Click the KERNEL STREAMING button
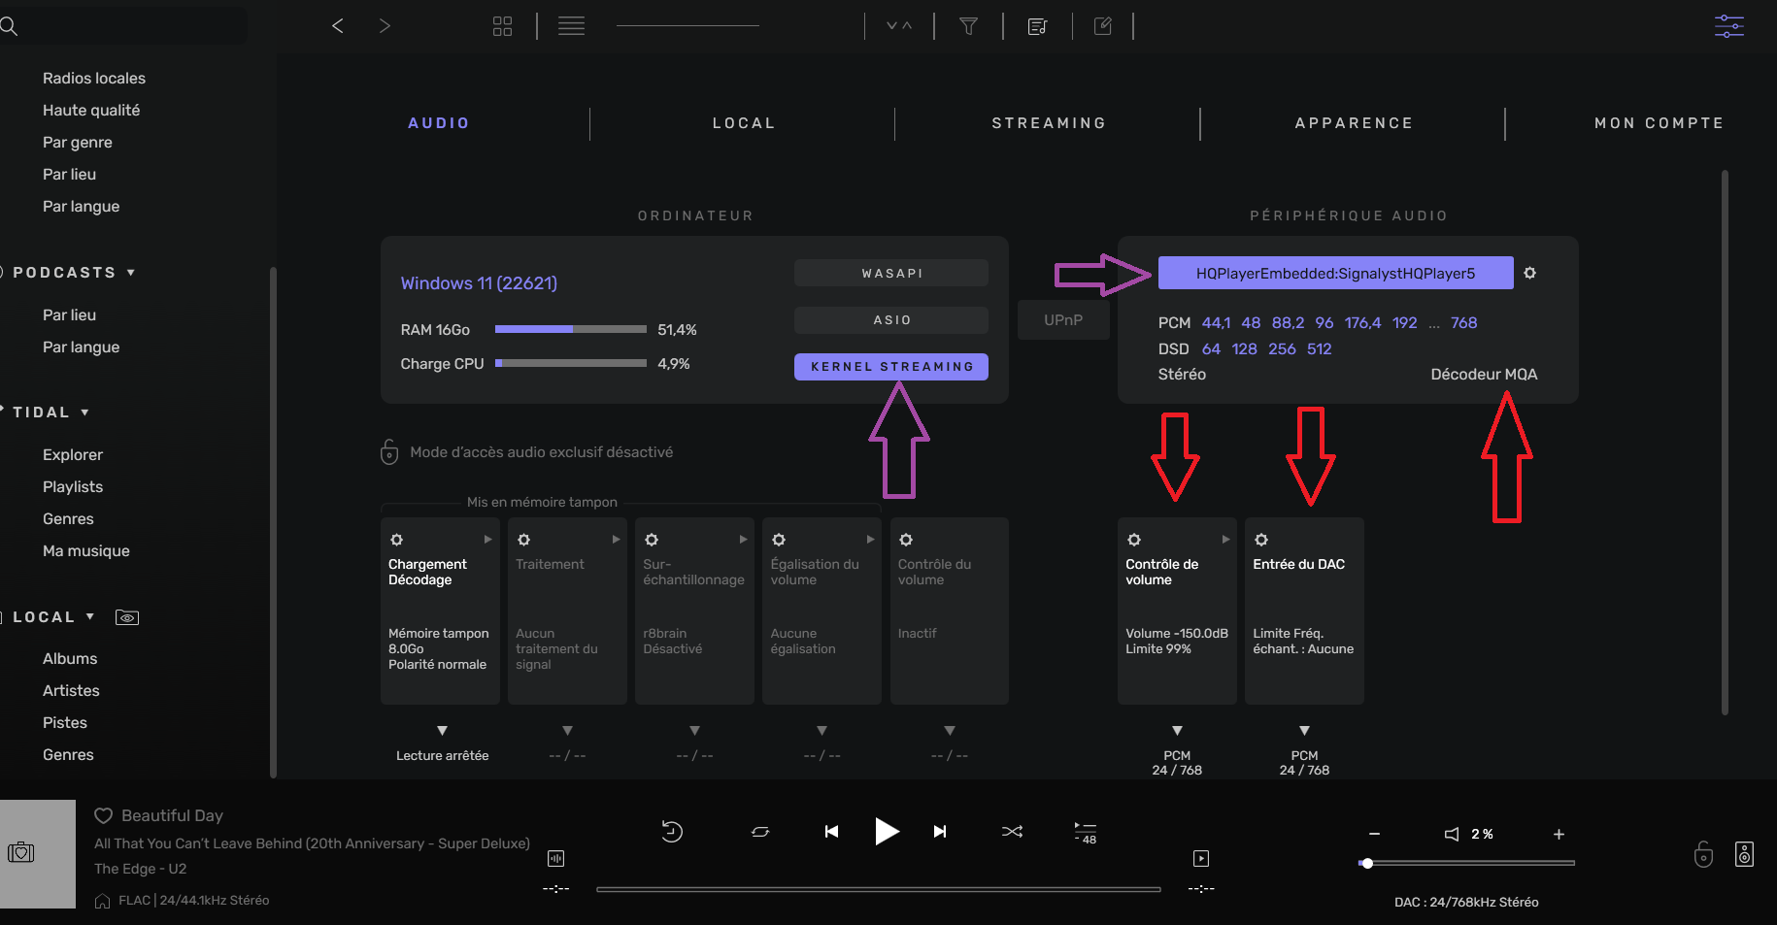tap(891, 367)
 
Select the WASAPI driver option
tap(891, 273)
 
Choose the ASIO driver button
tap(891, 320)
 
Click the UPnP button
tap(1063, 320)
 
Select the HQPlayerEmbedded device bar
tap(1335, 273)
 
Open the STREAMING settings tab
tap(1049, 123)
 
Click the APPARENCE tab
tap(1354, 123)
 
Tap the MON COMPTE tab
tap(1659, 123)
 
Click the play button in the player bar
tap(887, 832)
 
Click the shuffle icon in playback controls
tap(1012, 832)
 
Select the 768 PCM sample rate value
tap(1463, 322)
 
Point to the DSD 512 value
tap(1319, 348)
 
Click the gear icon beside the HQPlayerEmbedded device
tap(1529, 273)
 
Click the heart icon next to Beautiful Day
tap(103, 815)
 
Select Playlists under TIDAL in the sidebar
tap(73, 486)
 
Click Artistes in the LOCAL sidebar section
tap(71, 690)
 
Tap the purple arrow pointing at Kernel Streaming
tap(899, 440)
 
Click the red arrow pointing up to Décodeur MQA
tap(1507, 457)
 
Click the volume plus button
tap(1559, 834)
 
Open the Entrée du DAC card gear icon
tap(1261, 540)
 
